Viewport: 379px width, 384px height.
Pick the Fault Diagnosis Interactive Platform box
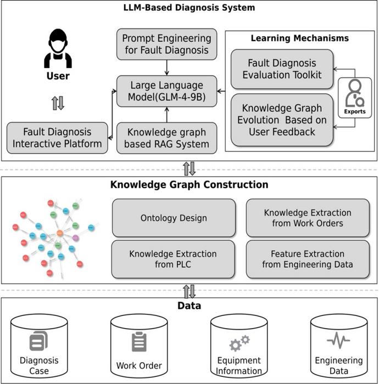pyautogui.click(x=58, y=138)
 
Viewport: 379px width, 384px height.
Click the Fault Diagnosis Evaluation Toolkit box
pyautogui.click(x=282, y=69)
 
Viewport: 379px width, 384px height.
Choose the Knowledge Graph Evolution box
pyautogui.click(x=282, y=120)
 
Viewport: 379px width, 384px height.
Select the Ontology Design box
pyautogui.click(x=174, y=218)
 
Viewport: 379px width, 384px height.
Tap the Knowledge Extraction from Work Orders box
pyautogui.click(x=308, y=218)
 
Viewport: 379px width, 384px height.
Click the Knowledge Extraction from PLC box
pyautogui.click(x=173, y=259)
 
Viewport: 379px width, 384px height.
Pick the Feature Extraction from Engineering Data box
pyautogui.click(x=308, y=259)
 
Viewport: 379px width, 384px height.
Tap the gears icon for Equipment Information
pyautogui.click(x=239, y=343)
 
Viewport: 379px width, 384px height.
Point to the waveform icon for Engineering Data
pyautogui.click(x=338, y=341)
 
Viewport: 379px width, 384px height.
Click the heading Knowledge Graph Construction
pyautogui.click(x=189, y=184)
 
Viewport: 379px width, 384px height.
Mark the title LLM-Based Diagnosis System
pyautogui.click(x=189, y=8)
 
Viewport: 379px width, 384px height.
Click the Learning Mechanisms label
pyautogui.click(x=299, y=38)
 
